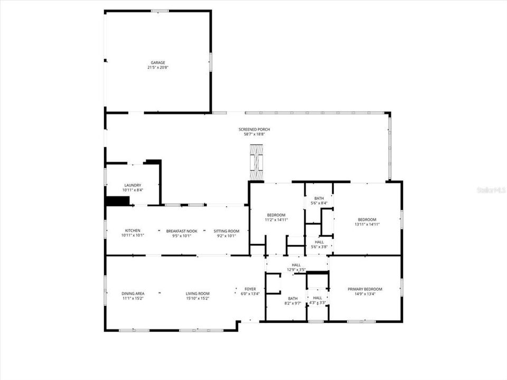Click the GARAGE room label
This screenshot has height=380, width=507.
pos(158,62)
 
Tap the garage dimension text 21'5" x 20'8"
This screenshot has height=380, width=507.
pos(158,68)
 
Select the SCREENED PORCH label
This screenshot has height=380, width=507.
pos(254,129)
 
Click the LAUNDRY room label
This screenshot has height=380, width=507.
pos(132,185)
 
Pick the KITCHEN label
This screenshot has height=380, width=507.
pos(132,231)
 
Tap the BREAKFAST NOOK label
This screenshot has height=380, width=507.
pos(182,231)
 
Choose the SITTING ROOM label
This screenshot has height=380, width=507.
pos(226,231)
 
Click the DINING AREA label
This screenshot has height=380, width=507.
pos(133,293)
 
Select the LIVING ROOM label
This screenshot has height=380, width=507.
pos(198,293)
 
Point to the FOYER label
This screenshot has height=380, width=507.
pos(250,289)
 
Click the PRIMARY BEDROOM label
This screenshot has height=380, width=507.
pos(364,289)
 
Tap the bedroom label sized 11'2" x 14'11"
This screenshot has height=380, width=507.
pos(276,215)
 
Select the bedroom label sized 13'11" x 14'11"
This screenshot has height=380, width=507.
pos(367,220)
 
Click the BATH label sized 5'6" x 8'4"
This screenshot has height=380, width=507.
pos(319,198)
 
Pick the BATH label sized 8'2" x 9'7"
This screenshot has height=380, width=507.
pos(293,298)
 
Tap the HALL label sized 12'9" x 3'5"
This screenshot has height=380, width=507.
pos(296,265)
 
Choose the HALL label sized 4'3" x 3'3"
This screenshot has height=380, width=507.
pos(317,298)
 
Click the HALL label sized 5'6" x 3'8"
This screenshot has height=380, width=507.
pos(319,242)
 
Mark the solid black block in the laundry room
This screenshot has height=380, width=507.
pos(118,201)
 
